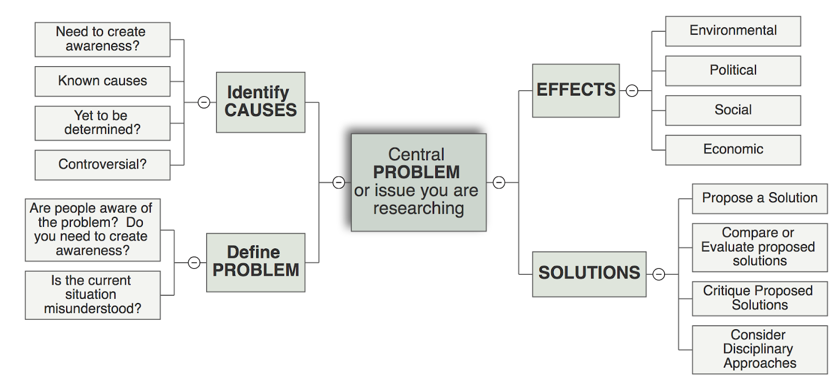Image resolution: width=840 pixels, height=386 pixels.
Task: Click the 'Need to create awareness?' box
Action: pos(102,39)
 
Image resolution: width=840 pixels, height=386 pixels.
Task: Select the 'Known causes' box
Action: pos(102,81)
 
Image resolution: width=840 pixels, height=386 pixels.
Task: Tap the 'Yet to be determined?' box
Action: pos(102,123)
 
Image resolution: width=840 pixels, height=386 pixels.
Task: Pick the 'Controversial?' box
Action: pos(102,165)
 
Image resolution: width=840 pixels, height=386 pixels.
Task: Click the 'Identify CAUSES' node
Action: pos(260,102)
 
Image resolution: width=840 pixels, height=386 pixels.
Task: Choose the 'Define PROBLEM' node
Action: pos(256,263)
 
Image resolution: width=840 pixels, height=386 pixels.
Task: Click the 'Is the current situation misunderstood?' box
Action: pos(92,295)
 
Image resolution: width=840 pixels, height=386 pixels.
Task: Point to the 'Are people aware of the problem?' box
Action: pos(92,230)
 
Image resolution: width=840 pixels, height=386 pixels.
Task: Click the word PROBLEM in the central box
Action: pos(416,173)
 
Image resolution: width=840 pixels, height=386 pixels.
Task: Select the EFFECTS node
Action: pos(575,90)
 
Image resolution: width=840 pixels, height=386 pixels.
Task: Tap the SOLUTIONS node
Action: pos(589,274)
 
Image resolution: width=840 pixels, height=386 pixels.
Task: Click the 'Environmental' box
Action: pos(733,31)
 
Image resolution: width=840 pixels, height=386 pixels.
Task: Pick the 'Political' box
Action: pos(733,71)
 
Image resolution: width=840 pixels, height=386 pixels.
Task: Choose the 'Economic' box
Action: pos(733,150)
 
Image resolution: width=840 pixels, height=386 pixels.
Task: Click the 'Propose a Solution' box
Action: pos(760,199)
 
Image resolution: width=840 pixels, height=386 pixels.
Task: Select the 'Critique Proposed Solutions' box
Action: pos(760,299)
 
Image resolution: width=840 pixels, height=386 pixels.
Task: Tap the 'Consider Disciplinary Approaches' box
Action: pos(760,350)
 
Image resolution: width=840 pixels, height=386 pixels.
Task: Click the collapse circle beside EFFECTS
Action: pos(632,90)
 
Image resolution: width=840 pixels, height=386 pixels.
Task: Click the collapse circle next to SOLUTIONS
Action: pos(658,274)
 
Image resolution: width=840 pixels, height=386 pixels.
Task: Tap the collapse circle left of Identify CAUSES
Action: pos(204,102)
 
